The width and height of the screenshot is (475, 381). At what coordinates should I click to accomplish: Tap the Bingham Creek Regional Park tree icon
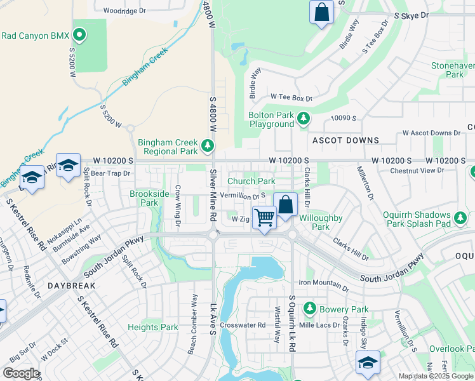tap(207, 147)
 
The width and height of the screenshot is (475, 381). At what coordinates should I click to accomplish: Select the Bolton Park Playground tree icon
tap(304, 119)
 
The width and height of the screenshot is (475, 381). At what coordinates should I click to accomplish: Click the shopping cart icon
tap(264, 218)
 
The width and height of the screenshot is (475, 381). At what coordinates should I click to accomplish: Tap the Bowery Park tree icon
tap(309, 309)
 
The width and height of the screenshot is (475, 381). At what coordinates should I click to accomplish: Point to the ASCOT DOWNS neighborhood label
tap(345, 140)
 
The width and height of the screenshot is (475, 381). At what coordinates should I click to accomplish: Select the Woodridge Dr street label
tap(124, 11)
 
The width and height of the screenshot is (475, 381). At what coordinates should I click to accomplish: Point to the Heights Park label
tap(153, 328)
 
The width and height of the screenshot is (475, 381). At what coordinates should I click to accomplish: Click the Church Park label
tap(251, 182)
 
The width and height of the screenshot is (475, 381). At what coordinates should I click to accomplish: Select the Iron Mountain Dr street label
tap(324, 287)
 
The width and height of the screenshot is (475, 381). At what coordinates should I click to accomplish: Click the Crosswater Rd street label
tap(244, 324)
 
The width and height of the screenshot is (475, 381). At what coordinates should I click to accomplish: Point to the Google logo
tap(21, 373)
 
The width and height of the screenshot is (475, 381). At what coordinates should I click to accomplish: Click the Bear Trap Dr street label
tap(110, 173)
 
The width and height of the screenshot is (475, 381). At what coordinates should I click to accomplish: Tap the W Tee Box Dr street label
tap(291, 98)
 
